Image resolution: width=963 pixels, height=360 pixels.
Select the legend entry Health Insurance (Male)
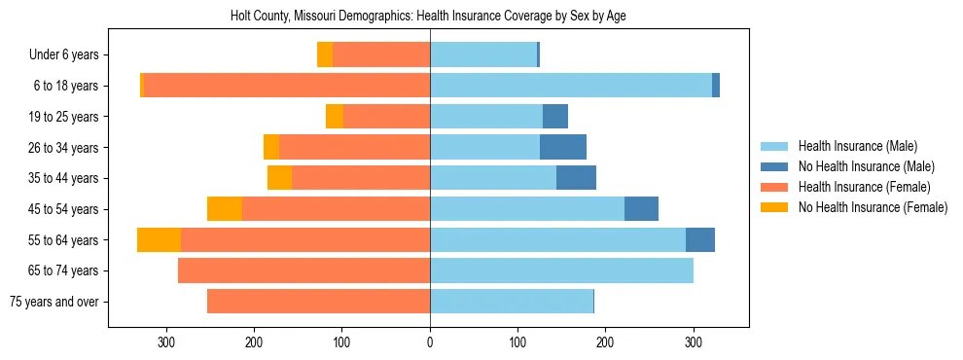pyautogui.click(x=857, y=146)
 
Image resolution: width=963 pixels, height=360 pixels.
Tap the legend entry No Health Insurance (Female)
pyautogui.click(x=873, y=207)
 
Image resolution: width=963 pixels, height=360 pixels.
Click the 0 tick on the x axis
pyautogui.click(x=430, y=342)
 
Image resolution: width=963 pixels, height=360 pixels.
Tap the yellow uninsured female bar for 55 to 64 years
pyautogui.click(x=159, y=240)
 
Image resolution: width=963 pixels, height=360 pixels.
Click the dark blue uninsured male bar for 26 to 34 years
pyautogui.click(x=563, y=148)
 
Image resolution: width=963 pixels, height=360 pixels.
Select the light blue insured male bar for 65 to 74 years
pyautogui.click(x=561, y=270)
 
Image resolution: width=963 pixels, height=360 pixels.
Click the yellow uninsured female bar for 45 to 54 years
pyautogui.click(x=225, y=209)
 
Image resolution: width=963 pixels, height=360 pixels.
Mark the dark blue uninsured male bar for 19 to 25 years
pyautogui.click(x=555, y=117)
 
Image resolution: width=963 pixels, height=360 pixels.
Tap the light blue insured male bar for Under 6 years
pyautogui.click(x=483, y=55)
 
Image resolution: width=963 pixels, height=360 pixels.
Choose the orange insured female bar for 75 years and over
pyautogui.click(x=318, y=302)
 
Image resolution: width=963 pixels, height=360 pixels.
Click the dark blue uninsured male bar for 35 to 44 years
pyautogui.click(x=576, y=178)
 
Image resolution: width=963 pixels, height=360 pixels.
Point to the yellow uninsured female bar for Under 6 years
pyautogui.click(x=325, y=55)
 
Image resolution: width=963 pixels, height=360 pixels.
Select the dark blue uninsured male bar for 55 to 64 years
pyautogui.click(x=700, y=240)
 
